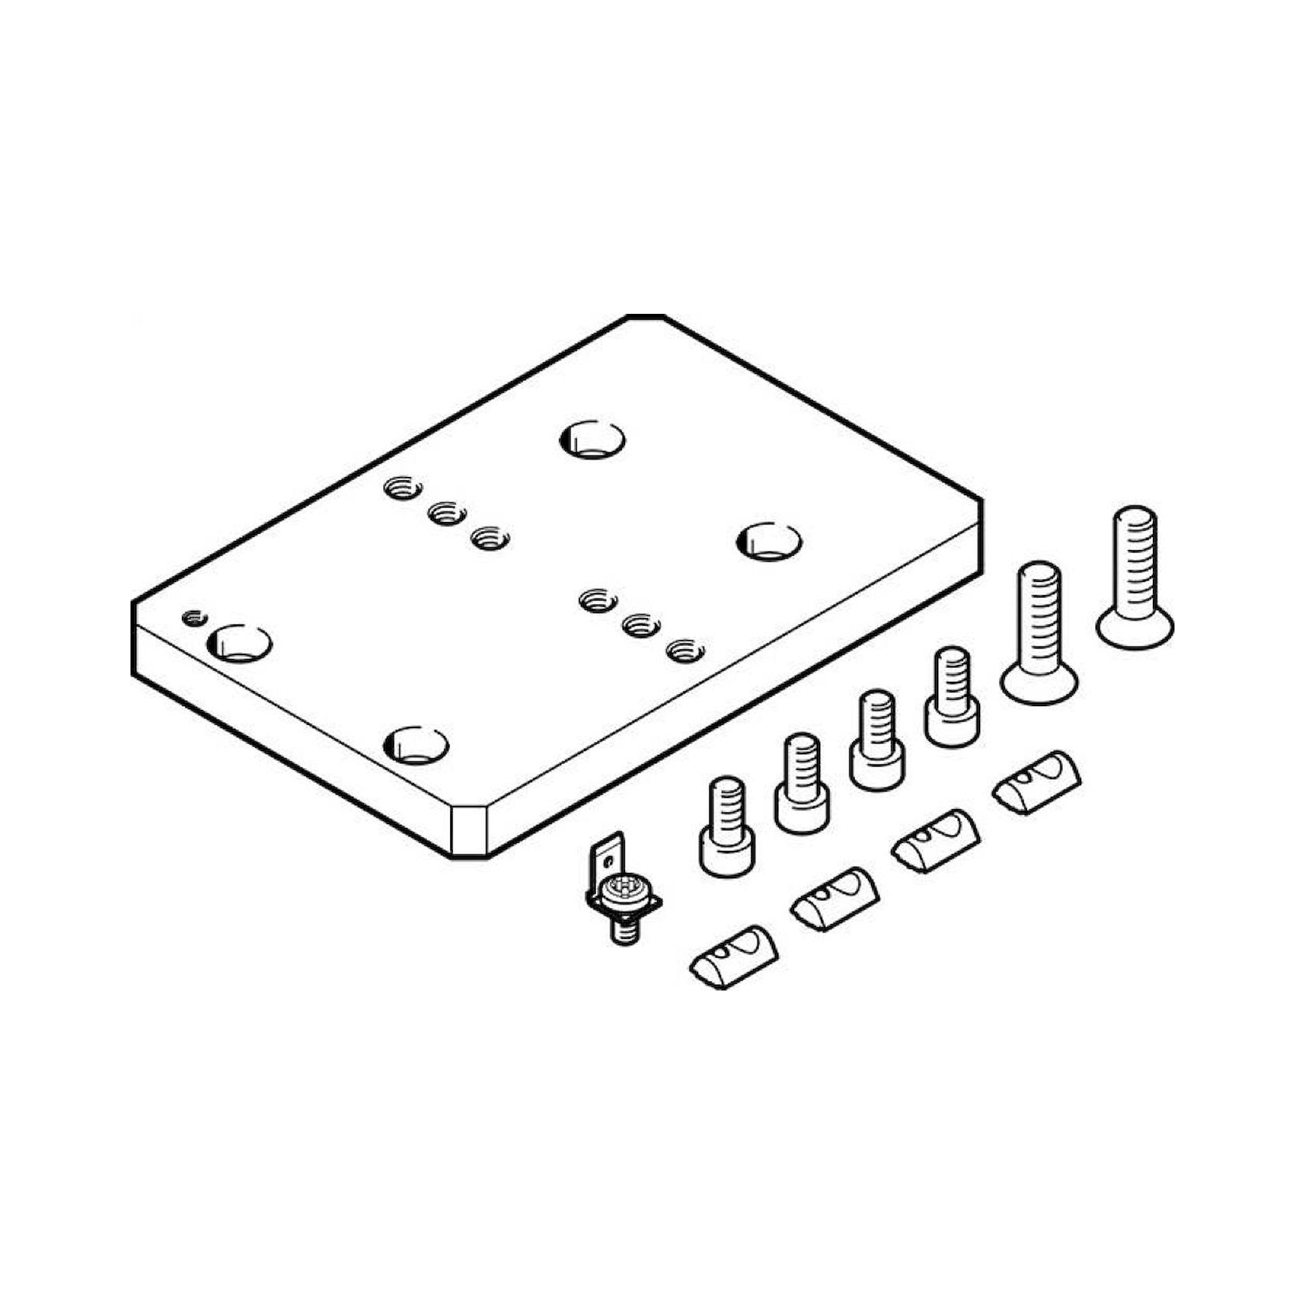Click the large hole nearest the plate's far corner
(592, 440)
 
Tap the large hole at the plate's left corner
(239, 643)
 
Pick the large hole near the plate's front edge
(416, 745)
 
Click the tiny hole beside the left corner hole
(194, 617)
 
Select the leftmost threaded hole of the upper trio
(403, 487)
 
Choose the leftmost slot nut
(733, 957)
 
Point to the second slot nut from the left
(835, 899)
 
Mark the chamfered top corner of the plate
(646, 317)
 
